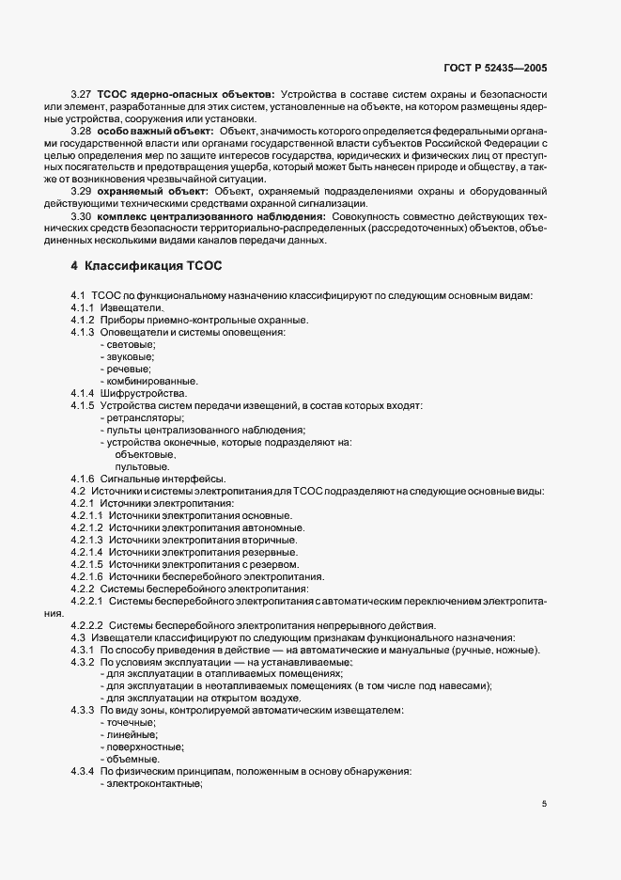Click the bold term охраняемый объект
click(156, 191)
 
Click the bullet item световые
click(131, 344)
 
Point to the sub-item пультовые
click(142, 466)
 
